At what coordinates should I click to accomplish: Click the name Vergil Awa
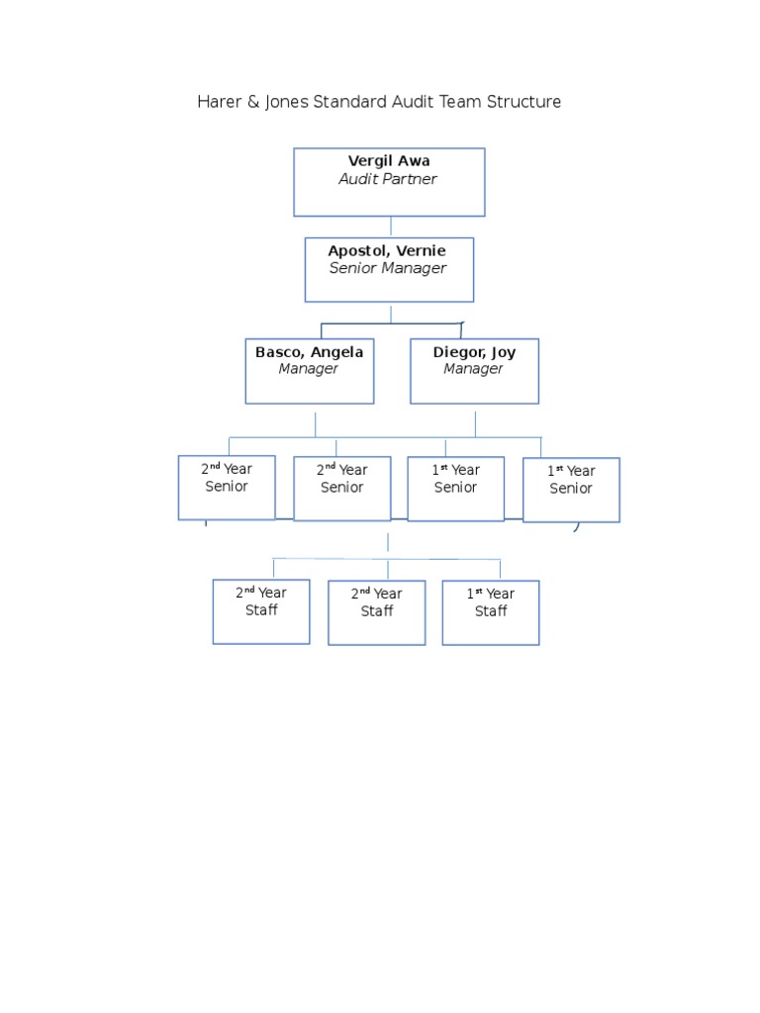tap(389, 161)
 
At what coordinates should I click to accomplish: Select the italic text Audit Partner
tap(388, 179)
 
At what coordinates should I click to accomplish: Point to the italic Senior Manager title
tap(388, 268)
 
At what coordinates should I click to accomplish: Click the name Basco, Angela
tap(309, 352)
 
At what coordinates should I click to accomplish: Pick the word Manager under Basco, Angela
tap(309, 369)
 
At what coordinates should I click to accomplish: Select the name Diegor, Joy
tap(474, 352)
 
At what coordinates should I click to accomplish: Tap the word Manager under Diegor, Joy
tap(473, 369)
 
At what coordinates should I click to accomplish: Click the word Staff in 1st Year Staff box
tap(491, 611)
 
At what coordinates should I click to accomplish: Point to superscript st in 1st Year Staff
tap(479, 591)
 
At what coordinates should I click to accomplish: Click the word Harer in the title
tap(219, 102)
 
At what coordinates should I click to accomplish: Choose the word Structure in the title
tap(523, 102)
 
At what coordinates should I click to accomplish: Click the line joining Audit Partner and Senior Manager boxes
tap(391, 227)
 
